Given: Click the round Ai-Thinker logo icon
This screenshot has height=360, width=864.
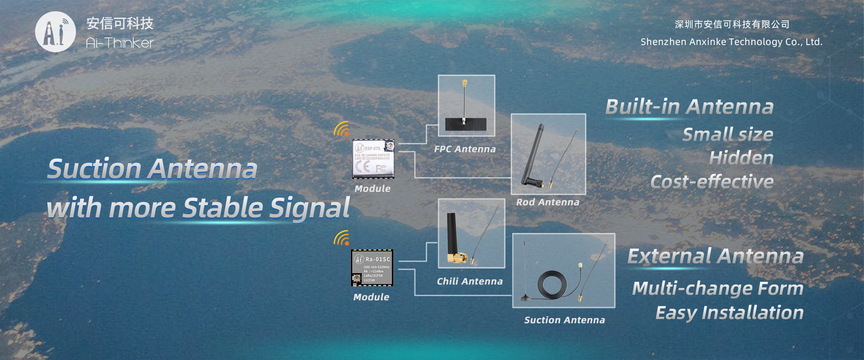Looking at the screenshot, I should tap(55, 32).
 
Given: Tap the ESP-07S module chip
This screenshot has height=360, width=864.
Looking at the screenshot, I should tap(373, 159).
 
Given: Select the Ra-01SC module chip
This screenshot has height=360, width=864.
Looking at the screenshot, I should tap(372, 268).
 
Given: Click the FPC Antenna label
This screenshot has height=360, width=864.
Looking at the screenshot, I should tap(465, 149).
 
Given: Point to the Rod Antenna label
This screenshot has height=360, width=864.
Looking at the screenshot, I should tap(548, 202).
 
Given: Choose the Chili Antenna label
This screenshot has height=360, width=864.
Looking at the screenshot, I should tap(470, 282).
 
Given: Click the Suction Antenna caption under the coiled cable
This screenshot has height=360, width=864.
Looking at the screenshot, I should tap(564, 320).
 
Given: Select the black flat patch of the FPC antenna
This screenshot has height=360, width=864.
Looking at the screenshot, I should tap(466, 124).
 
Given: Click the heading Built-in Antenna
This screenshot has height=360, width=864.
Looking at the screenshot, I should tap(689, 107).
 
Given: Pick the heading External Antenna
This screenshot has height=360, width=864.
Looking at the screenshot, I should tap(715, 256).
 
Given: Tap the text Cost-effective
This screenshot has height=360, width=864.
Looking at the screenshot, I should tap(712, 182).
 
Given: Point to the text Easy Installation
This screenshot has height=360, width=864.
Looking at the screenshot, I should tap(729, 313).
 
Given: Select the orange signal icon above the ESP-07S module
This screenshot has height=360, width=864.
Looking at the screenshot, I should tap(342, 129).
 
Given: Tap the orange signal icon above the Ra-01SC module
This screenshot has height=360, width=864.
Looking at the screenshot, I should tap(342, 238).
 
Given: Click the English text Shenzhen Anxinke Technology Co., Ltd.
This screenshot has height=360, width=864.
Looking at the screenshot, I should tap(731, 42).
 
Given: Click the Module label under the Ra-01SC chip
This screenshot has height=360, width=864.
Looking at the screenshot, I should tap(371, 297).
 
